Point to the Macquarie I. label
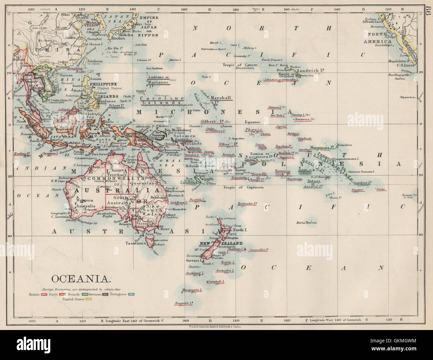pos(192,290)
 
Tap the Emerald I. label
pos(185,303)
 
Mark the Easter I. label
pos(410,195)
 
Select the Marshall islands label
pos(221,98)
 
